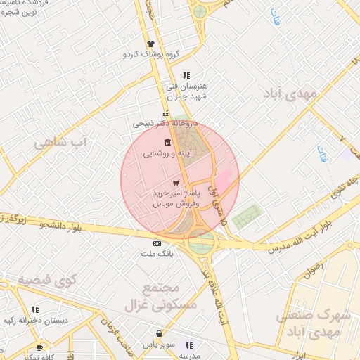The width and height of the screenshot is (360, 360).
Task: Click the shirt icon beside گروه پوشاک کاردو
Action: click(x=150, y=44)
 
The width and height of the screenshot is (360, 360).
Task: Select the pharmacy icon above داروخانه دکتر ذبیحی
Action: click(x=165, y=113)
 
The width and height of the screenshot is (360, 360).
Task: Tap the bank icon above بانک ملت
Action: click(x=156, y=243)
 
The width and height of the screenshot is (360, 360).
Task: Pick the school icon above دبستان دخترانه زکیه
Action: click(x=35, y=309)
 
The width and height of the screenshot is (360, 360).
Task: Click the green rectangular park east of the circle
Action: click(x=245, y=217)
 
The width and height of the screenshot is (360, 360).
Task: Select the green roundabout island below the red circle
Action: click(x=201, y=242)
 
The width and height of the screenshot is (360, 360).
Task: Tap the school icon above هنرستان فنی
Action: click(x=186, y=75)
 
